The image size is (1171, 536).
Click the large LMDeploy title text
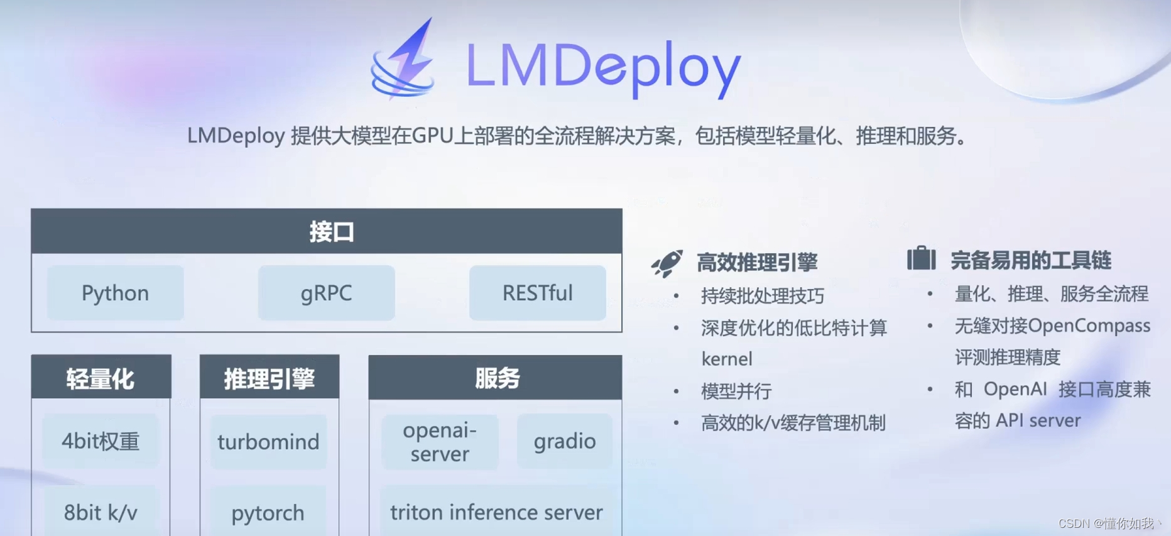[603, 66]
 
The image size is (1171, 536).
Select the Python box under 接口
[116, 293]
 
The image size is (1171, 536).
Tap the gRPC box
[327, 293]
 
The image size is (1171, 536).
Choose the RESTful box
[538, 293]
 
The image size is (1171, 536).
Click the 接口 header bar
[327, 231]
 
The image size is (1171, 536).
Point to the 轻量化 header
[101, 378]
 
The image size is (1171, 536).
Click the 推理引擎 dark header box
[270, 378]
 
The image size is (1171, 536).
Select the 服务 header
[495, 378]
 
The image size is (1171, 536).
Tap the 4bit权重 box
[101, 441]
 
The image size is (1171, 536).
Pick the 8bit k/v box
[101, 512]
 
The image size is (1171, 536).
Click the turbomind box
[268, 442]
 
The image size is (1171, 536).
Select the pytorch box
[268, 513]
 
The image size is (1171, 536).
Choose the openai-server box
[440, 442]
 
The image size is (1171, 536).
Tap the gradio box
[565, 441]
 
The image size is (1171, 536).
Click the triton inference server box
[496, 512]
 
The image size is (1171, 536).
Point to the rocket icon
[667, 263]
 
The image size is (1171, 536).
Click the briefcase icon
[921, 258]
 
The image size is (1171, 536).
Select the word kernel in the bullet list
[727, 359]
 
